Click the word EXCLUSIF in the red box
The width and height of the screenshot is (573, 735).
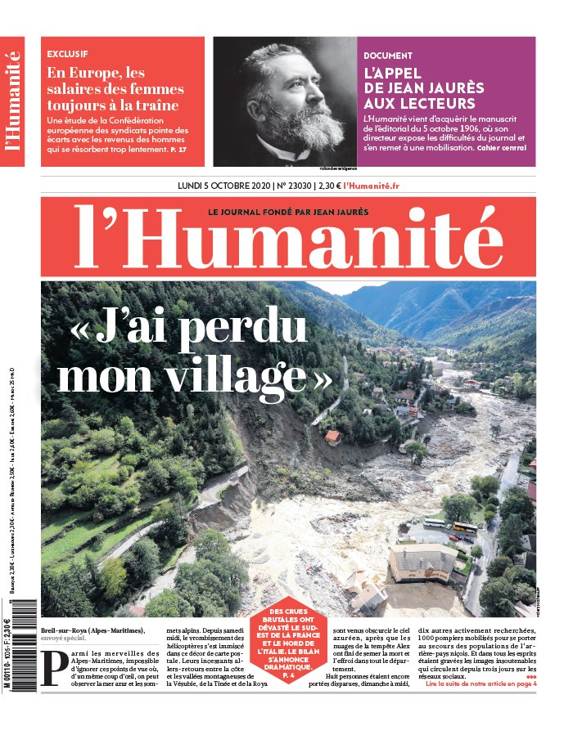(68, 54)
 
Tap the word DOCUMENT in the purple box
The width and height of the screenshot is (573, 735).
(388, 56)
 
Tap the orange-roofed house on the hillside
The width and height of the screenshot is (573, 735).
(332, 437)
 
